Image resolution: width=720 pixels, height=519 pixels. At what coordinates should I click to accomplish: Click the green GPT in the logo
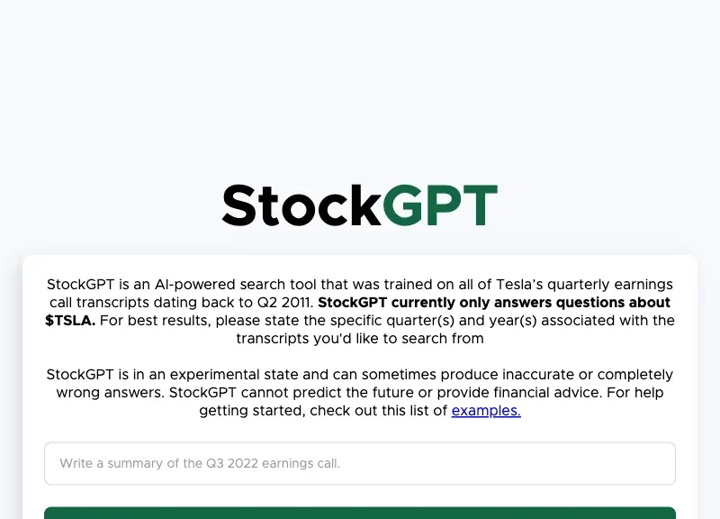(x=439, y=205)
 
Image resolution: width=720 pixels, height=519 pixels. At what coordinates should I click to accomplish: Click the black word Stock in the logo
(x=301, y=205)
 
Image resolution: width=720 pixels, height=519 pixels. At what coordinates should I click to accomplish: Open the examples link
(x=486, y=411)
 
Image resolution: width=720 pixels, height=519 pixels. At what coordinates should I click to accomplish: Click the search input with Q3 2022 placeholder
(x=360, y=463)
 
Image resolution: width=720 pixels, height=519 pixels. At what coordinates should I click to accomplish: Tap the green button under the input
(x=360, y=513)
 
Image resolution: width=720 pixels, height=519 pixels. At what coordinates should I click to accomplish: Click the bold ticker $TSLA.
(x=69, y=321)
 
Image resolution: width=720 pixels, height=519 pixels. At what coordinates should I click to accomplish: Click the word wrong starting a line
(x=76, y=393)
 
